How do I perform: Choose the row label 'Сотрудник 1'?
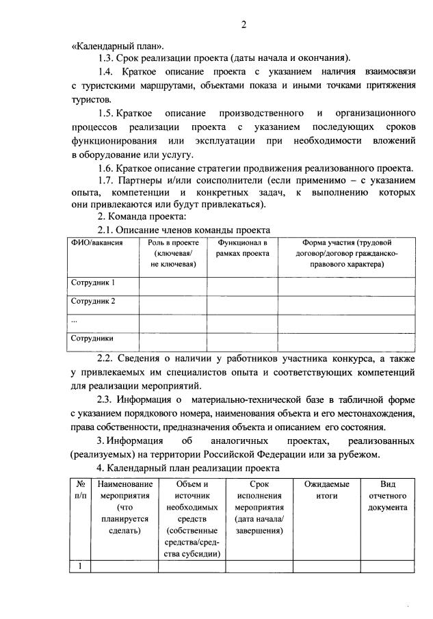93,282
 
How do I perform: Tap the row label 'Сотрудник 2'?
93,301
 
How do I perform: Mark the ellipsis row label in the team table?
75,319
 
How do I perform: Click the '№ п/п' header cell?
80,489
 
